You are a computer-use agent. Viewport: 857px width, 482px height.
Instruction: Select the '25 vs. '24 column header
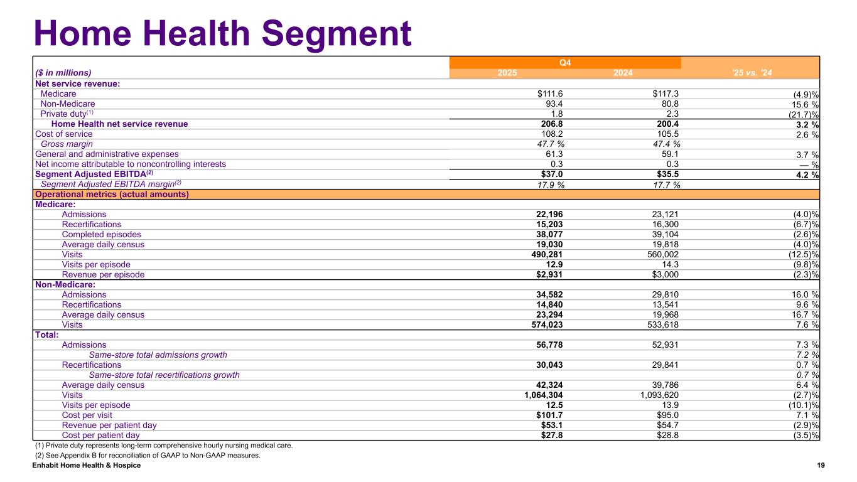(751, 73)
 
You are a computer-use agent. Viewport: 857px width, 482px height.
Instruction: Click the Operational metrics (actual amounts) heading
(112, 194)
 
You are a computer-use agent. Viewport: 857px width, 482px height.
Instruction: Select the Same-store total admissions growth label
(158, 355)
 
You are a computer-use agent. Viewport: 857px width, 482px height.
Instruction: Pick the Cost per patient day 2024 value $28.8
(667, 435)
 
